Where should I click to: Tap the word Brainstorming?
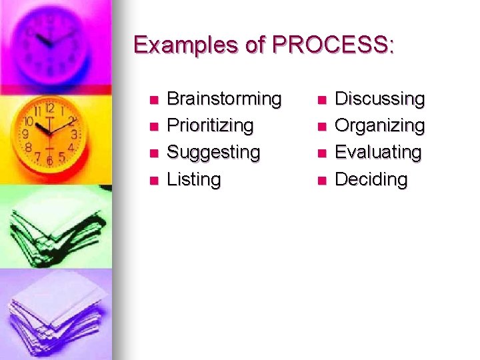pos(224,99)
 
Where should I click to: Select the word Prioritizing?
pos(210,126)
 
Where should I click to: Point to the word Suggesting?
pos(213,153)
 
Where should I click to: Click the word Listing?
pos(193,179)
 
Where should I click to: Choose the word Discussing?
pos(379,99)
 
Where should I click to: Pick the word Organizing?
pos(379,126)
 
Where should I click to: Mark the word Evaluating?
pos(378,153)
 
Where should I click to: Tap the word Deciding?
pos(371,179)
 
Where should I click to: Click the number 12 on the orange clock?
pos(49,107)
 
